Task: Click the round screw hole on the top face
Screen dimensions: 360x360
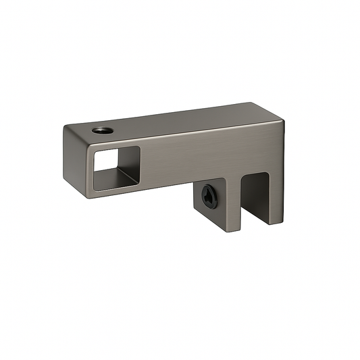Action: [102, 130]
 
